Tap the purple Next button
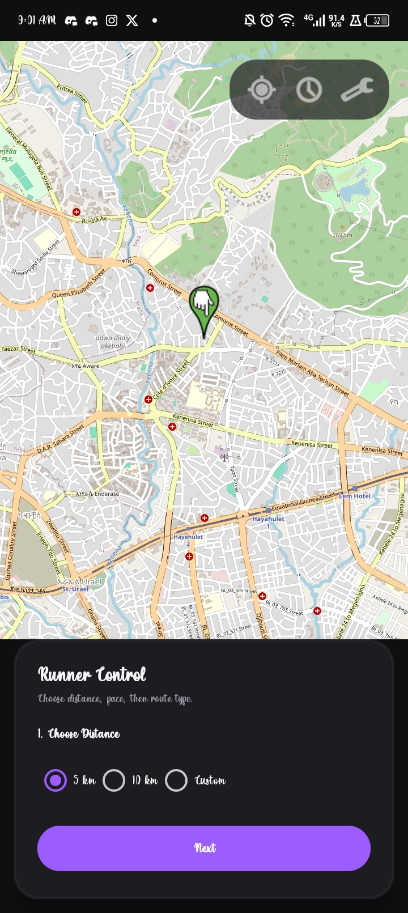point(204,848)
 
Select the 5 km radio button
point(56,780)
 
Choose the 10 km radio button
point(114,780)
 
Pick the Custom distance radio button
point(176,780)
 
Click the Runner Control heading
point(92,674)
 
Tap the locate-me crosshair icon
point(261,90)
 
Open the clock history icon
point(309,90)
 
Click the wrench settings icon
point(356,90)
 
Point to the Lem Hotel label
point(355,496)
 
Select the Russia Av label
point(94,219)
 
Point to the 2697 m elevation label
point(342,235)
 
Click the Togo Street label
point(234,479)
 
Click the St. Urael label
point(75,589)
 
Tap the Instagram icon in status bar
point(112,20)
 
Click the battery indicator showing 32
point(377,20)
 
